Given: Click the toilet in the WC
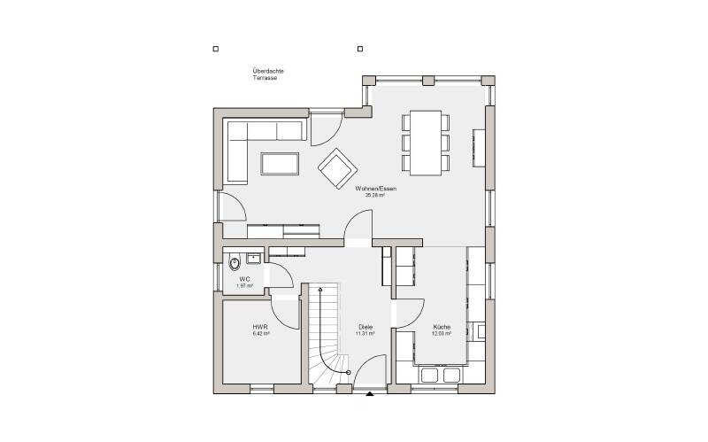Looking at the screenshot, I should click(x=235, y=263).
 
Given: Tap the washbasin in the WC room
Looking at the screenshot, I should click(x=254, y=259).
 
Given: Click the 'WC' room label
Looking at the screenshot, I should click(x=244, y=278).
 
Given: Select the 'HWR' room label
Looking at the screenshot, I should click(x=260, y=326).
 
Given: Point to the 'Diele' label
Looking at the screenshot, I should click(x=366, y=326).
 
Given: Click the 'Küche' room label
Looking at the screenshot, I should click(x=442, y=326).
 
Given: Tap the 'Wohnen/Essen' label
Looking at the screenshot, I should click(x=376, y=189).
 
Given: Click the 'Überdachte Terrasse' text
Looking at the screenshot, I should click(x=267, y=74).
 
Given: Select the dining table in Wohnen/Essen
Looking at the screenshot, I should click(x=426, y=141).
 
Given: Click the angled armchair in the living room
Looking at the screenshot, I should click(x=337, y=167).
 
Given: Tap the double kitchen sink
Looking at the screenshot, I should click(x=440, y=376).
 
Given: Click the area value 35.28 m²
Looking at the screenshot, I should click(x=375, y=196).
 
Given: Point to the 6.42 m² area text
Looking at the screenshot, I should click(x=260, y=334).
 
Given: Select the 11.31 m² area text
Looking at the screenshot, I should click(x=366, y=334).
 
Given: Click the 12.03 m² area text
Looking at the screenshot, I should click(x=442, y=334).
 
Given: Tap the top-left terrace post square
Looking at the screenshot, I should click(x=215, y=50).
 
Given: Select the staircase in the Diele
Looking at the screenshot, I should click(x=324, y=337).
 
